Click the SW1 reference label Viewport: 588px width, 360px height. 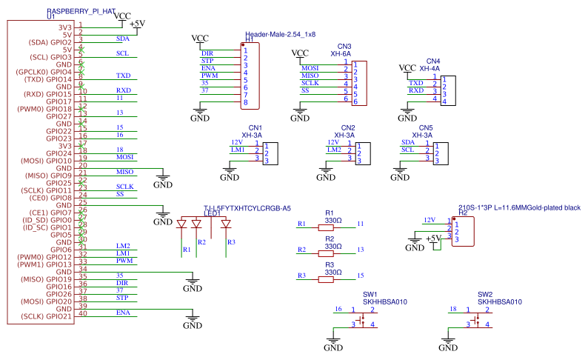click(370, 294)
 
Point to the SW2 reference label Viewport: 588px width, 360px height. click(485, 294)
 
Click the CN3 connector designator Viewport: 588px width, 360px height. click(344, 47)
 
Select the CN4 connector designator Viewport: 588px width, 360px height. click(433, 61)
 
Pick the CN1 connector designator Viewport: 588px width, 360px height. click(255, 127)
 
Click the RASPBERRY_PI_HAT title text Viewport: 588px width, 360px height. click(81, 13)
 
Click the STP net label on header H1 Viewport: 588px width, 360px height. click(207, 61)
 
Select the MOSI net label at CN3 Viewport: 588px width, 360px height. click(310, 68)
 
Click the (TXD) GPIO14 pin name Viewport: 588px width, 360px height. click(48, 79)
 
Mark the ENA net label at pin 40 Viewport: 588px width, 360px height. click(123, 313)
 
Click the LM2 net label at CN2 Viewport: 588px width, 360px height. click(335, 150)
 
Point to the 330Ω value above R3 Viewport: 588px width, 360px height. click(333, 272)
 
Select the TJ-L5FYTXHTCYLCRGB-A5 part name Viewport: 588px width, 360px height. click(247, 208)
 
